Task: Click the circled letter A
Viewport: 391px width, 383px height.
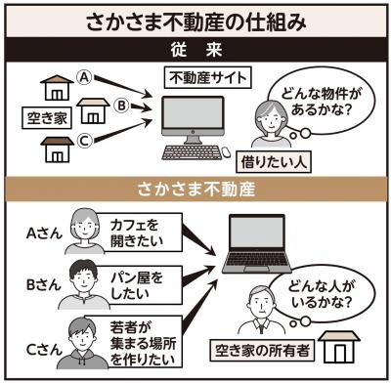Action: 85,76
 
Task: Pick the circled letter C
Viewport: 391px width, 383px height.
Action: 85,138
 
